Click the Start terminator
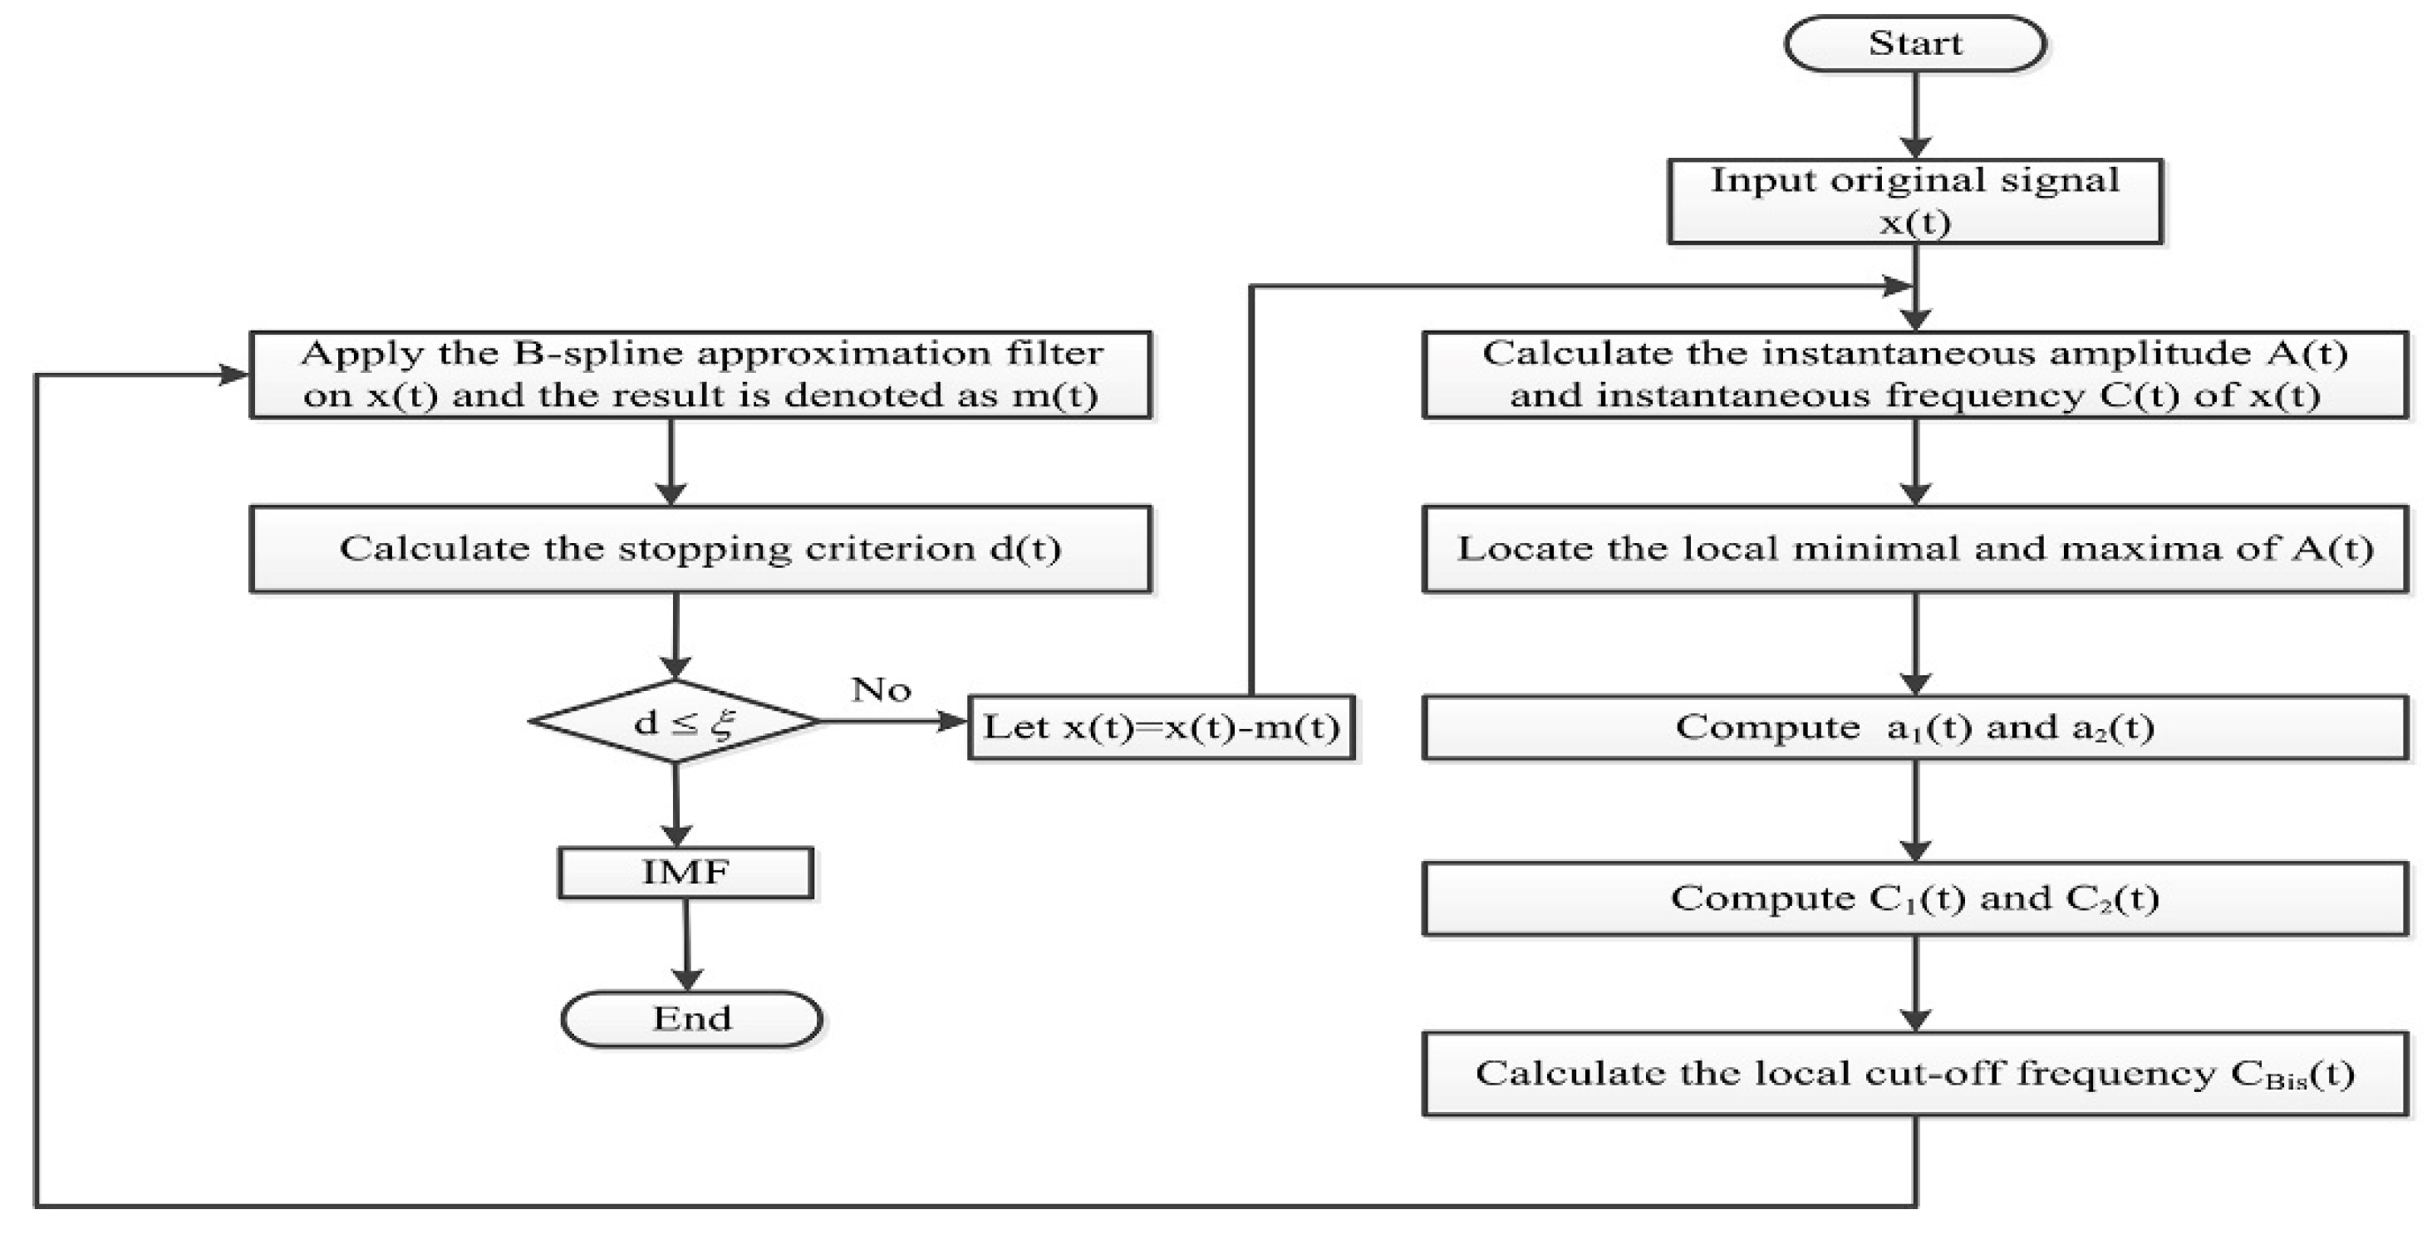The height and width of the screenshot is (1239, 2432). pos(1914,43)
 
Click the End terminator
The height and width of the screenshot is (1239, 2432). pos(691,1018)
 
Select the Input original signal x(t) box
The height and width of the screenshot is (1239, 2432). pos(1914,201)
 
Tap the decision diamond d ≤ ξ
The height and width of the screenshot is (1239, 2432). pos(676,722)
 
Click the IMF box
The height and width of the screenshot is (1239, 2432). pos(685,872)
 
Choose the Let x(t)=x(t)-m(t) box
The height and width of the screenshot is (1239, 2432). pos(1162,727)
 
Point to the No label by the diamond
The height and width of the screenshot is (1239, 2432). pos(881,690)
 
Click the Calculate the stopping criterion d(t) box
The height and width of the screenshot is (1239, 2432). pos(700,548)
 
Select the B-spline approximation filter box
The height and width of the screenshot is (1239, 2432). pos(700,375)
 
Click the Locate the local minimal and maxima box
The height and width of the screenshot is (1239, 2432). pos(1914,548)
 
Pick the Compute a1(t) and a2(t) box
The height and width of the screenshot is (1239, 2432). pos(1914,727)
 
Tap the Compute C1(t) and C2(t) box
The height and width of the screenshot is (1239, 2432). pos(1914,898)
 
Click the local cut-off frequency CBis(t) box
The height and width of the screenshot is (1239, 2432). pos(1914,1073)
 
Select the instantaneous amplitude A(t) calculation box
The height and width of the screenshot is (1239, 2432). pos(1914,375)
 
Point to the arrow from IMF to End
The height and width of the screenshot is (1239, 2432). pos(686,943)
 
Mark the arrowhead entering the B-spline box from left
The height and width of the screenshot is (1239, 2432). pos(234,375)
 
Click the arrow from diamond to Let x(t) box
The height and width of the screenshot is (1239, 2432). pos(892,722)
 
